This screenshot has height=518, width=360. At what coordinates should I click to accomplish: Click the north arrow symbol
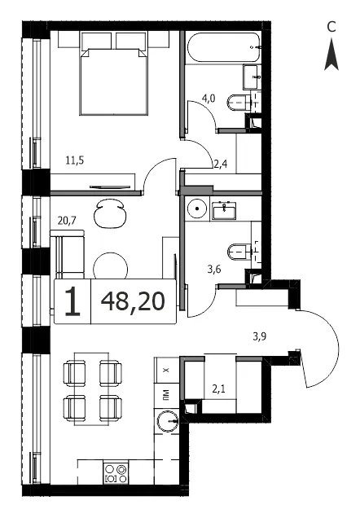click(x=331, y=55)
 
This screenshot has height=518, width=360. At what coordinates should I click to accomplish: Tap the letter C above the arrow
click(x=331, y=27)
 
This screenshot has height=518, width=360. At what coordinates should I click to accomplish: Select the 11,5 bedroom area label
click(x=75, y=160)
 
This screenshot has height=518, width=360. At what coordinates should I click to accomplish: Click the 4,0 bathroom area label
click(x=208, y=98)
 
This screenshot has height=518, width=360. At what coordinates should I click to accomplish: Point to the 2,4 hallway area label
click(x=220, y=164)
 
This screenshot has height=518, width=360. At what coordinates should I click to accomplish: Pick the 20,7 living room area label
click(x=67, y=220)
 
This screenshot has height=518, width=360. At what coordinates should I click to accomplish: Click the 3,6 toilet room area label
click(x=214, y=270)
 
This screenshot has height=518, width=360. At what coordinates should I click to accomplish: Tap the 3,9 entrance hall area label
click(x=260, y=336)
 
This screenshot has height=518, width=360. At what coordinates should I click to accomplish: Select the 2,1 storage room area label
click(x=218, y=388)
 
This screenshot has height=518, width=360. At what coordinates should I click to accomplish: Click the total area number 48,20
click(x=133, y=301)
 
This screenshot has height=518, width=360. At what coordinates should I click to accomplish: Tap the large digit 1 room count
click(x=72, y=301)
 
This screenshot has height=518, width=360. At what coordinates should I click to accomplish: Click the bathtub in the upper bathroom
click(x=224, y=47)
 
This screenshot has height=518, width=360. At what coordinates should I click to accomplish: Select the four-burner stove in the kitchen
click(x=116, y=473)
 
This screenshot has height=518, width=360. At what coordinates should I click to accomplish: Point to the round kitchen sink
click(x=168, y=422)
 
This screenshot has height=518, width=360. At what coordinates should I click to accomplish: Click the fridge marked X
click(x=166, y=370)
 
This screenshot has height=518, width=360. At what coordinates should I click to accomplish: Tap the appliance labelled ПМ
click(x=166, y=396)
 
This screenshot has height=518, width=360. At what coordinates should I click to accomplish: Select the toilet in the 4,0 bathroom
click(x=239, y=103)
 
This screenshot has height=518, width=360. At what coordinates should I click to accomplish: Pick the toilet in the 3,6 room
click(x=239, y=252)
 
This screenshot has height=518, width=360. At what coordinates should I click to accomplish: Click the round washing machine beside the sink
click(x=197, y=209)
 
